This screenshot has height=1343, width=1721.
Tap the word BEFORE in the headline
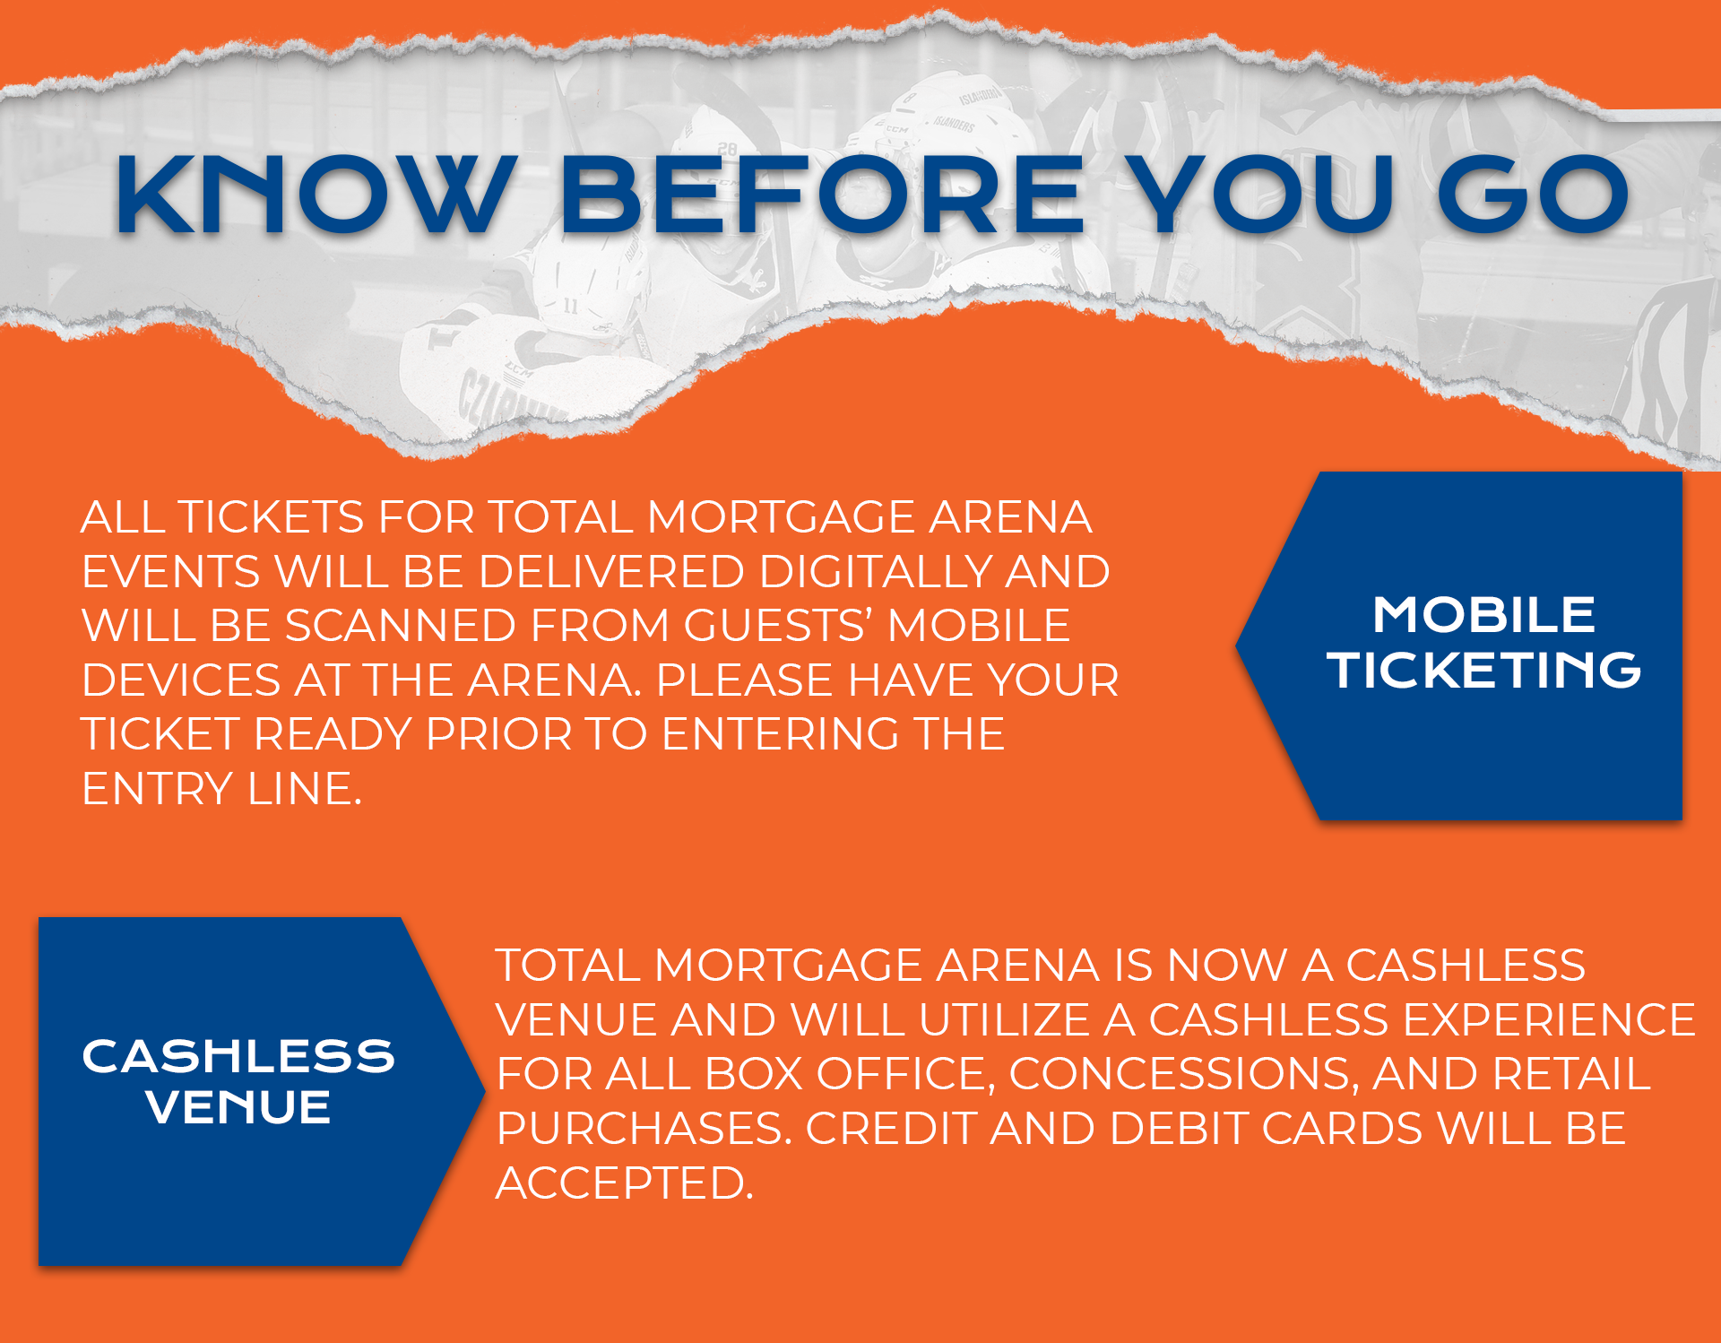tap(822, 195)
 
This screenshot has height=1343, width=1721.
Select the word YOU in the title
tap(1259, 195)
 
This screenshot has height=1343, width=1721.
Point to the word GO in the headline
tap(1533, 195)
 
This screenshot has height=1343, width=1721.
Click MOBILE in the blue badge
tap(1483, 615)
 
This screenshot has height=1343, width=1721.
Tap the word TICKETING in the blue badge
tap(1483, 670)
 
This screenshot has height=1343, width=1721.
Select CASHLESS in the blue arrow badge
tap(238, 1056)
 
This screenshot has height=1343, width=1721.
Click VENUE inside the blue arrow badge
tap(238, 1107)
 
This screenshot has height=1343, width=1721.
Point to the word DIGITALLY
tap(875, 572)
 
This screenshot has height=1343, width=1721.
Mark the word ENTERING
tap(780, 734)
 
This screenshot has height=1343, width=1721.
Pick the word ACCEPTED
tap(625, 1183)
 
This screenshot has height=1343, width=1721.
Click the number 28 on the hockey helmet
tap(727, 149)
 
